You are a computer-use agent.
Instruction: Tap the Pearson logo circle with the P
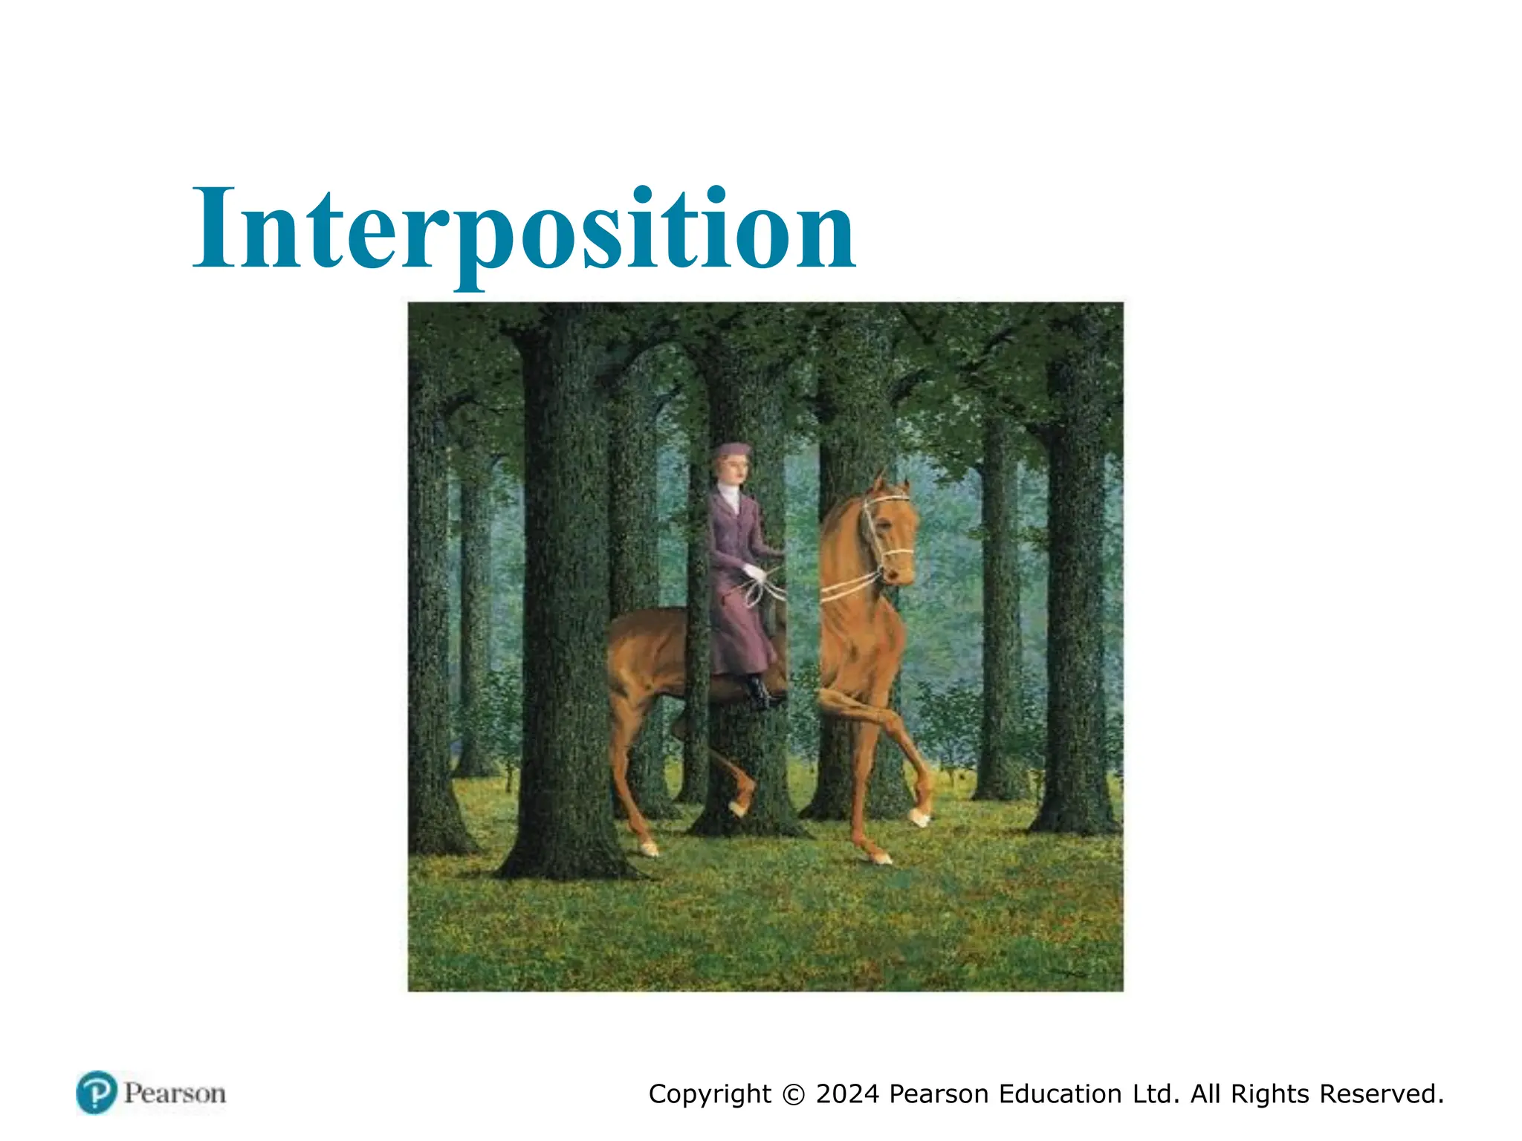coord(97,1093)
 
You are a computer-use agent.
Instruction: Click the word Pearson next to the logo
coord(175,1093)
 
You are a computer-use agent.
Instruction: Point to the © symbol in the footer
coord(794,1095)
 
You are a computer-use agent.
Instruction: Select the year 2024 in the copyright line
coord(847,1094)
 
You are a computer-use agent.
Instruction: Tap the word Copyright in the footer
coord(710,1095)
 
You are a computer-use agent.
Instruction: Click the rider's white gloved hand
coord(755,572)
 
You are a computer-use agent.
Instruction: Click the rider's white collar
coord(730,496)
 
